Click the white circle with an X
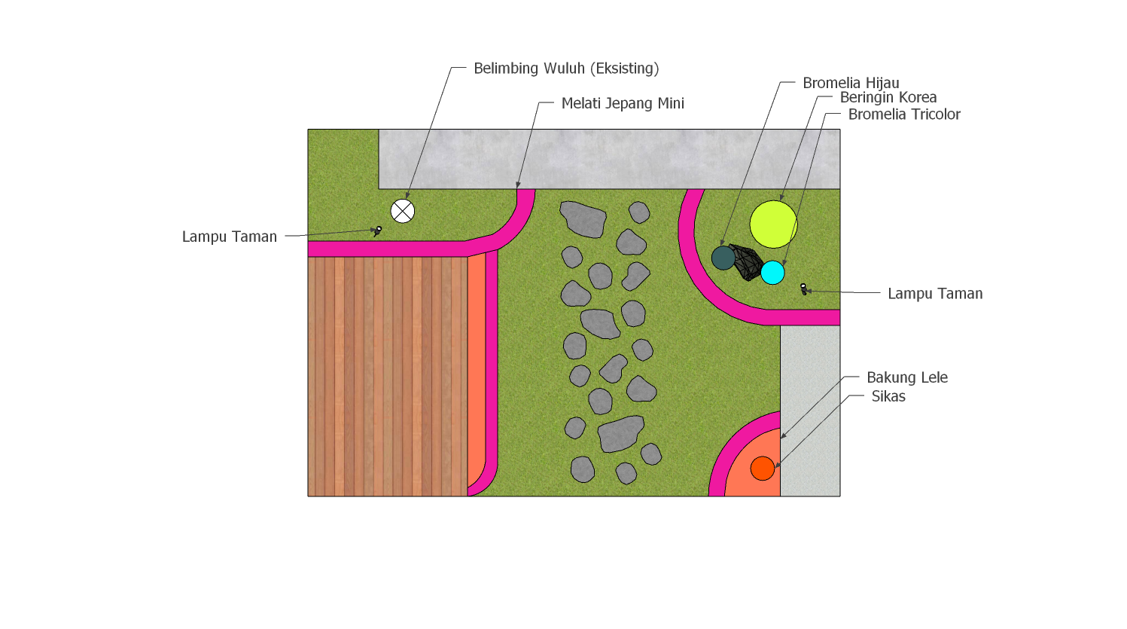pos(403,211)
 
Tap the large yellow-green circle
pos(773,224)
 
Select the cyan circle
pos(772,273)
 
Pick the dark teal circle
pos(723,258)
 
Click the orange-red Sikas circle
pos(762,469)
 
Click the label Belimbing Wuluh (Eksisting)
pos(566,69)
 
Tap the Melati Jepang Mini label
pos(623,103)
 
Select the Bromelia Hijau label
pos(851,83)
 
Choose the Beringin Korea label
pos(888,97)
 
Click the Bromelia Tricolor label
pos(904,115)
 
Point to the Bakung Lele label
pos(907,377)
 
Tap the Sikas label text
pos(888,396)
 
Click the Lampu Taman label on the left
pos(230,237)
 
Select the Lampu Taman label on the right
pos(935,294)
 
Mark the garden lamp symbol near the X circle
pos(377,231)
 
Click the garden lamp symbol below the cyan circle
pos(803,289)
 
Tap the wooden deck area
pos(388,376)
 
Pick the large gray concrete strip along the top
pos(609,159)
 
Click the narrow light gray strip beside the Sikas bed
pos(810,411)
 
